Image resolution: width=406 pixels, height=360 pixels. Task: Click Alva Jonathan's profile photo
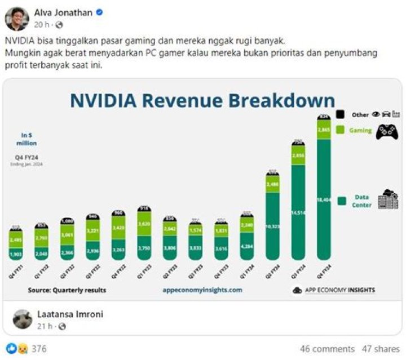pos(17,18)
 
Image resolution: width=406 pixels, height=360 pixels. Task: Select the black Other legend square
pos(340,114)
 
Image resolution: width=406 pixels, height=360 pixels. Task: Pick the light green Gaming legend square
pos(340,130)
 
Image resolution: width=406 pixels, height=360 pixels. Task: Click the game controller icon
pos(387,131)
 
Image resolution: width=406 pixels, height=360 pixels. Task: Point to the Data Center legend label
pos(363,201)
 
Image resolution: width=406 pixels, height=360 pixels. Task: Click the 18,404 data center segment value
pos(324,200)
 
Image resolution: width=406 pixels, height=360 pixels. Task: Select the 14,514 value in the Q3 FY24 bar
pos(298,213)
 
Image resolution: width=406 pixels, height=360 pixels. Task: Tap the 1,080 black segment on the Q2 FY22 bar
pos(67,221)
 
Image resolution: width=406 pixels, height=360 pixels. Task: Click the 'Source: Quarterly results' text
pos(67,290)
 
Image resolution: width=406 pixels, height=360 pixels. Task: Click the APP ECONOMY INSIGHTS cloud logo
pos(297,291)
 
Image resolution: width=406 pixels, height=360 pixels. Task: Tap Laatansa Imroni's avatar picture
pos(23,319)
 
